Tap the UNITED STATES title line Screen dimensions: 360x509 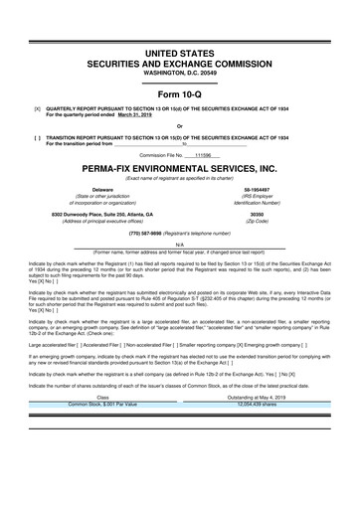tap(180, 37)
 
